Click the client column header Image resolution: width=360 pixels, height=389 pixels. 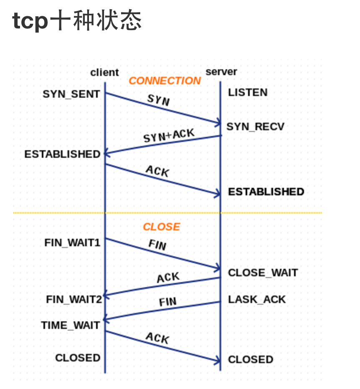click(x=104, y=73)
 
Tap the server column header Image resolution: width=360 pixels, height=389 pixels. click(x=221, y=72)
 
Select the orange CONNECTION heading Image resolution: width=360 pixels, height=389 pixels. click(x=165, y=81)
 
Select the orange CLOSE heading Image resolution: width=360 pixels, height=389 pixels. click(x=161, y=227)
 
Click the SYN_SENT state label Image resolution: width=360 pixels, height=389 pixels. click(x=71, y=94)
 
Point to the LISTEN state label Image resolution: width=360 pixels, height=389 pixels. click(x=248, y=93)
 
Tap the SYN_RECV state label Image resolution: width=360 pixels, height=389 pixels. click(x=255, y=126)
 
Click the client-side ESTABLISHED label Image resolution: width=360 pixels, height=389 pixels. click(x=62, y=154)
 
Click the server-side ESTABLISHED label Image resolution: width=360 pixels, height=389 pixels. click(x=266, y=192)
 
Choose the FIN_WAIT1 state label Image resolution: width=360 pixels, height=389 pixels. click(x=72, y=242)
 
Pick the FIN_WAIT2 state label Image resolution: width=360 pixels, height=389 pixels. click(x=74, y=299)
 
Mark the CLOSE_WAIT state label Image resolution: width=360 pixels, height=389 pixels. click(x=263, y=273)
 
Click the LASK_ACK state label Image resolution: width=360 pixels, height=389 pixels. click(x=256, y=299)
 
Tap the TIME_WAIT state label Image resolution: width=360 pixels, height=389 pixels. click(x=70, y=325)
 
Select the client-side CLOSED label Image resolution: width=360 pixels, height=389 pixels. click(x=78, y=358)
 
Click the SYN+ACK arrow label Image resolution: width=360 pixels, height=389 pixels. click(x=169, y=136)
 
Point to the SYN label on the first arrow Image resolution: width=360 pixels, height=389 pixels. click(x=159, y=100)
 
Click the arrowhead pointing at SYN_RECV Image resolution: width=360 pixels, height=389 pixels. click(x=217, y=123)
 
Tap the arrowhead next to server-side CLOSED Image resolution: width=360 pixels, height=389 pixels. click(x=217, y=361)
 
